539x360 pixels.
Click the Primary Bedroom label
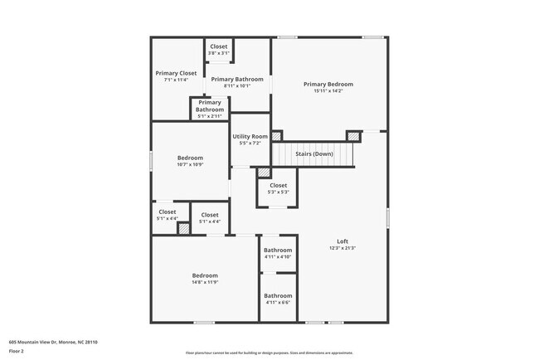click(328, 84)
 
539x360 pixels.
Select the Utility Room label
click(250, 136)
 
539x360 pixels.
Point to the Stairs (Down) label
click(314, 153)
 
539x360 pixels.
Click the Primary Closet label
click(176, 73)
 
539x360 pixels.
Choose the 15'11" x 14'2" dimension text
click(328, 91)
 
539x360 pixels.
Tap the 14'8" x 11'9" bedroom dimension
click(205, 283)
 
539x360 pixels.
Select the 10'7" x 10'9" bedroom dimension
click(190, 164)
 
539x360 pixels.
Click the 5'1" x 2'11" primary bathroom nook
click(210, 109)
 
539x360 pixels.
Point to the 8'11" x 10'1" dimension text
click(231, 85)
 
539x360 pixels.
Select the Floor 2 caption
click(17, 351)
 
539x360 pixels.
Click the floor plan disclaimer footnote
click(269, 353)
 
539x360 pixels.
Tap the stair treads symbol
click(314, 154)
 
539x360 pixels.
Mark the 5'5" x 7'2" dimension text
click(250, 144)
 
